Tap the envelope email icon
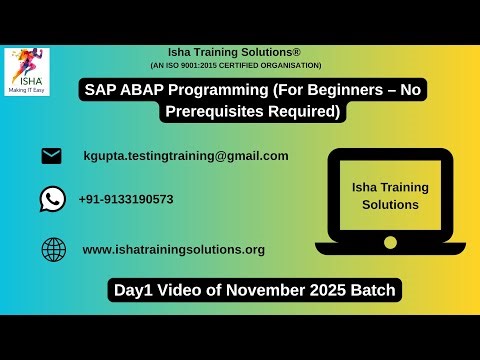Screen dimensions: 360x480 [51, 156]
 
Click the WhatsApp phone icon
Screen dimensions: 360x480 [52, 199]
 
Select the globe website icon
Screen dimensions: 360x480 [53, 249]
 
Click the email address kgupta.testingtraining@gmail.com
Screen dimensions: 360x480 [186, 156]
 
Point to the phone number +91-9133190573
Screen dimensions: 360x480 [126, 199]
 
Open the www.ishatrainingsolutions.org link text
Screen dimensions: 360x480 [173, 249]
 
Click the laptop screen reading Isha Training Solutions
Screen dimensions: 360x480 [389, 195]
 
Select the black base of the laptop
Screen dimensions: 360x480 [389, 247]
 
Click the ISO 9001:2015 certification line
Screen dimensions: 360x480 [236, 65]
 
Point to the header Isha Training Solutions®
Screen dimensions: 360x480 [236, 51]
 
